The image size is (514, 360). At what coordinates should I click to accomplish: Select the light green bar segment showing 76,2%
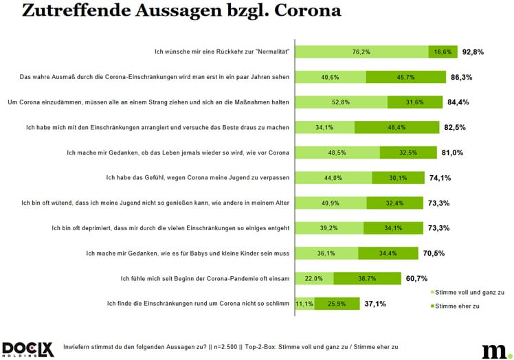(361, 52)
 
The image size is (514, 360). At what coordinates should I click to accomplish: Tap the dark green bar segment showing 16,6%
(443, 52)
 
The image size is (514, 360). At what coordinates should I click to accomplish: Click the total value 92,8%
(473, 52)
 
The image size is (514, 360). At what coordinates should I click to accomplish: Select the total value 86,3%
(461, 77)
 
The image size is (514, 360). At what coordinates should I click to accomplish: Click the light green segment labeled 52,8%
(341, 102)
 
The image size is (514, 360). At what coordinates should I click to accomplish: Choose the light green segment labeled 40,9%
(331, 203)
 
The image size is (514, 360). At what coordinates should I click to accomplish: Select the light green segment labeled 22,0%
(314, 278)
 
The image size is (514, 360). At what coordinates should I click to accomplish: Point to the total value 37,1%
(375, 303)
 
